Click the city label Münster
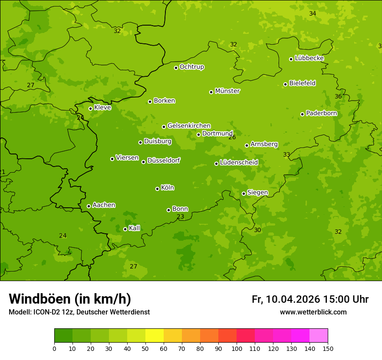coord(227,91)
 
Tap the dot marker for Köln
coord(157,189)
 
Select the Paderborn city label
coord(321,113)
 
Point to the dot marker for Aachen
coord(89,206)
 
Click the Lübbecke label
coord(309,58)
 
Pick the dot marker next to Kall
coord(125,229)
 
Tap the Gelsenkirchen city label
coord(189,126)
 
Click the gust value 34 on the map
coord(313,13)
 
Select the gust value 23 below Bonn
coord(180,216)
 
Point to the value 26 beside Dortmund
coord(232,137)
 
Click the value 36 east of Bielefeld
coord(338,96)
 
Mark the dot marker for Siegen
coord(244,193)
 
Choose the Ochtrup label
coord(191,67)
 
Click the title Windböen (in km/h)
coord(70,299)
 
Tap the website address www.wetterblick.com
coord(313,312)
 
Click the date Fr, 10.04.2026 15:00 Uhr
coord(310,299)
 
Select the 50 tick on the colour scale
coord(145,348)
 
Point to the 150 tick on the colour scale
coord(328,348)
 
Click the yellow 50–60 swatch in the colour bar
coord(155,336)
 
